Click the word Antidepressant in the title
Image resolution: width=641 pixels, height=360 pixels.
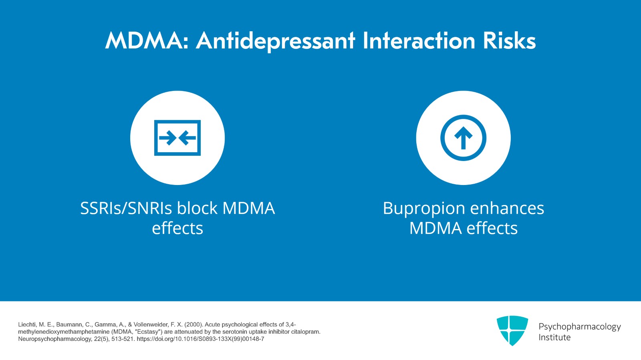[x=276, y=41]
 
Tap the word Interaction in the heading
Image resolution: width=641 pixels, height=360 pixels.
[x=419, y=41]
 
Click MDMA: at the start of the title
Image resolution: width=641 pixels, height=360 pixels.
[x=147, y=41]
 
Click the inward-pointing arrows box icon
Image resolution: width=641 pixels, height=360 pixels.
[x=177, y=138]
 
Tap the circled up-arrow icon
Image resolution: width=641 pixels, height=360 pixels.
[x=463, y=138]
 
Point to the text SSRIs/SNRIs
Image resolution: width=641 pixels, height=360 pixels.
[x=126, y=208]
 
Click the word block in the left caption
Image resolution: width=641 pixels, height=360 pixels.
[x=198, y=208]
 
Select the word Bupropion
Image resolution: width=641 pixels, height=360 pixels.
[x=424, y=208]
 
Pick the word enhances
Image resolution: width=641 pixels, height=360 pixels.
[x=507, y=208]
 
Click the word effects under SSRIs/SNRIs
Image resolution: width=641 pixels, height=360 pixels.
[x=177, y=228]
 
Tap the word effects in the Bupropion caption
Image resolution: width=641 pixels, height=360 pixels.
[x=492, y=228]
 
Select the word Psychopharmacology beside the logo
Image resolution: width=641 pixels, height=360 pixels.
[x=579, y=326]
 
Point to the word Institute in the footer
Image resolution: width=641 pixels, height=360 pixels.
[x=554, y=338]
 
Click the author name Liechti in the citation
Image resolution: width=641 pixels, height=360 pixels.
[x=26, y=324]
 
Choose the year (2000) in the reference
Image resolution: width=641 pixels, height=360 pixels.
[x=194, y=324]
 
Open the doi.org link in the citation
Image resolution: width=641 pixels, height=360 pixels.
[x=200, y=339]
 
